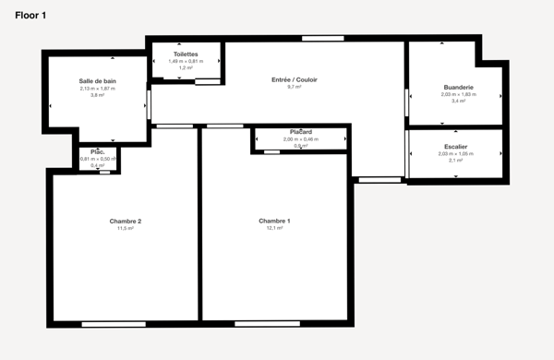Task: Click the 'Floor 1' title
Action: click(x=30, y=17)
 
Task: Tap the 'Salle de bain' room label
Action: click(x=97, y=81)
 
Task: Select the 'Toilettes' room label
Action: click(x=185, y=54)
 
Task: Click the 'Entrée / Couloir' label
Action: click(x=294, y=80)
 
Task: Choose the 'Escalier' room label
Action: click(x=455, y=147)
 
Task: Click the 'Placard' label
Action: click(x=301, y=132)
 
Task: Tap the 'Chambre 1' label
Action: click(x=274, y=221)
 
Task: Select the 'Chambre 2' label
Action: click(x=125, y=221)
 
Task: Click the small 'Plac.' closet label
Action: click(x=98, y=151)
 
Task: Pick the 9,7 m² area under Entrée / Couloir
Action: click(x=294, y=88)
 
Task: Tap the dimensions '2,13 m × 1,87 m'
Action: click(x=97, y=89)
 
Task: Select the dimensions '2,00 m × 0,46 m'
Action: click(x=301, y=138)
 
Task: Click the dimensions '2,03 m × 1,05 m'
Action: click(x=455, y=153)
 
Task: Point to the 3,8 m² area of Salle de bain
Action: click(x=97, y=95)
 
